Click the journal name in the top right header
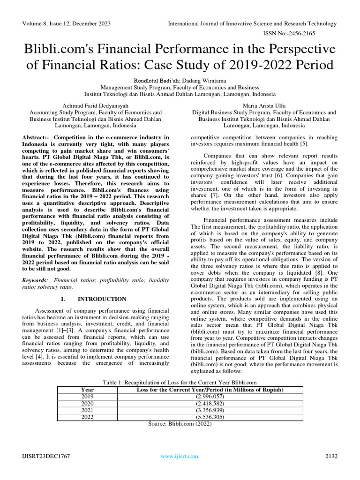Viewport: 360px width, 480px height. [x=252, y=23]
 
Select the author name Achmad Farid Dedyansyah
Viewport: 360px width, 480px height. [x=96, y=106]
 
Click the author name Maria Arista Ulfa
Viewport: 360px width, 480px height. [x=264, y=106]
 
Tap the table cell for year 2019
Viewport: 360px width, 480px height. [x=87, y=397]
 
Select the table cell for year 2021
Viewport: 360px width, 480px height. [x=87, y=410]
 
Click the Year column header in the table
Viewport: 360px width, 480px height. [x=87, y=390]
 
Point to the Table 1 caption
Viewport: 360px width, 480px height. [x=180, y=382]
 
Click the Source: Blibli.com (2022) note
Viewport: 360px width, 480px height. [x=180, y=423]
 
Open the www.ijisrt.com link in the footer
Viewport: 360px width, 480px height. [x=179, y=456]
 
